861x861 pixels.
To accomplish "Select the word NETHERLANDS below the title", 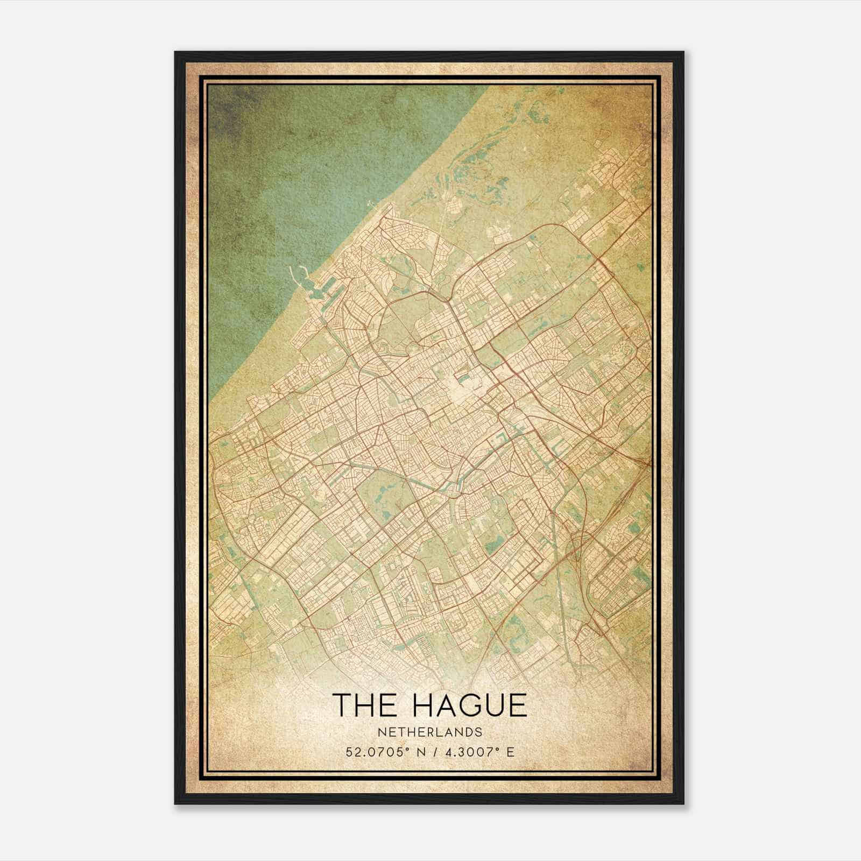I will pyautogui.click(x=429, y=732).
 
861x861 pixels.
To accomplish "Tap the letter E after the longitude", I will pyautogui.click(x=510, y=752).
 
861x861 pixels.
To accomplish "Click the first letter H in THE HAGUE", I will pyautogui.click(x=366, y=705).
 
